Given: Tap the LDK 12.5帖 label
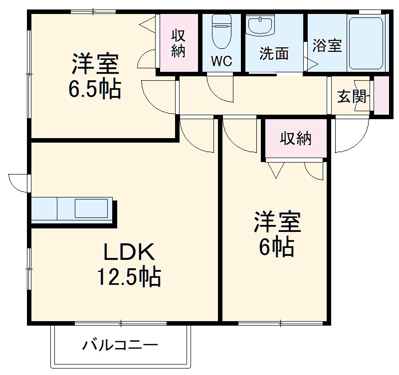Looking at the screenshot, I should (131, 264).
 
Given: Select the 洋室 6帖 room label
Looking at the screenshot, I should (277, 234).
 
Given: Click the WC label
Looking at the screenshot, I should (221, 61).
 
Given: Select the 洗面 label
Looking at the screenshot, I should (274, 54).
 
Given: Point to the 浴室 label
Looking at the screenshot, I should (327, 45).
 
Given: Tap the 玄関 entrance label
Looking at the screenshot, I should (352, 96).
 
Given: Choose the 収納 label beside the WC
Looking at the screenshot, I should (179, 43).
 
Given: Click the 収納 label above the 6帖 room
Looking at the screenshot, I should (295, 138).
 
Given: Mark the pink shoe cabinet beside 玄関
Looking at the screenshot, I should (381, 96).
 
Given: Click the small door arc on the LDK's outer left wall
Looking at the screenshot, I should (18, 183).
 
